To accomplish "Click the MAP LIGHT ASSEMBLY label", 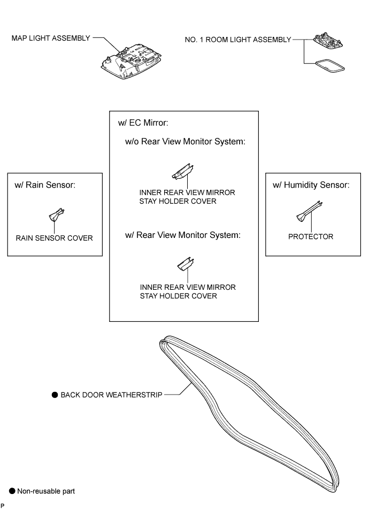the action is pyautogui.click(x=51, y=38).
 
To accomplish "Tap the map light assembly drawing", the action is pyautogui.click(x=131, y=63).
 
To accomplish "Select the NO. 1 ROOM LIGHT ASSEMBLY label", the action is pyautogui.click(x=238, y=40).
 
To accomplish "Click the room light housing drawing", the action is pyautogui.click(x=328, y=41).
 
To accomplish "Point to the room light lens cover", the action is pyautogui.click(x=329, y=65).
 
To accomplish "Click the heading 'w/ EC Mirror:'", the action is pyautogui.click(x=143, y=123).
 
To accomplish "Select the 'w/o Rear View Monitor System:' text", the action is pyautogui.click(x=185, y=142).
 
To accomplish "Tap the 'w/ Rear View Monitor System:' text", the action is pyautogui.click(x=183, y=235).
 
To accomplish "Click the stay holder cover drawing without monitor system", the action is pyautogui.click(x=183, y=172).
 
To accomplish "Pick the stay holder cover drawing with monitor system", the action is pyautogui.click(x=186, y=264).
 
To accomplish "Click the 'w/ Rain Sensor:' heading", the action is pyautogui.click(x=45, y=185).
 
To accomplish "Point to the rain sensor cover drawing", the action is pyautogui.click(x=57, y=214).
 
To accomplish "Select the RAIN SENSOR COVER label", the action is pyautogui.click(x=54, y=238).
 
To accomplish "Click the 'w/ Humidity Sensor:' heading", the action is pyautogui.click(x=311, y=185).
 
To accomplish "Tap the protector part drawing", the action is pyautogui.click(x=309, y=211).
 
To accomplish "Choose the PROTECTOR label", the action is pyautogui.click(x=311, y=237).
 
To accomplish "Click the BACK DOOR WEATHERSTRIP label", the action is pyautogui.click(x=111, y=395).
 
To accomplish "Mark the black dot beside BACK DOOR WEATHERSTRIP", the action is pyautogui.click(x=55, y=395).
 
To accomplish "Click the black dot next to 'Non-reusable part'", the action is pyautogui.click(x=12, y=491).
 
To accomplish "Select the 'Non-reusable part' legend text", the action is pyautogui.click(x=46, y=491).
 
